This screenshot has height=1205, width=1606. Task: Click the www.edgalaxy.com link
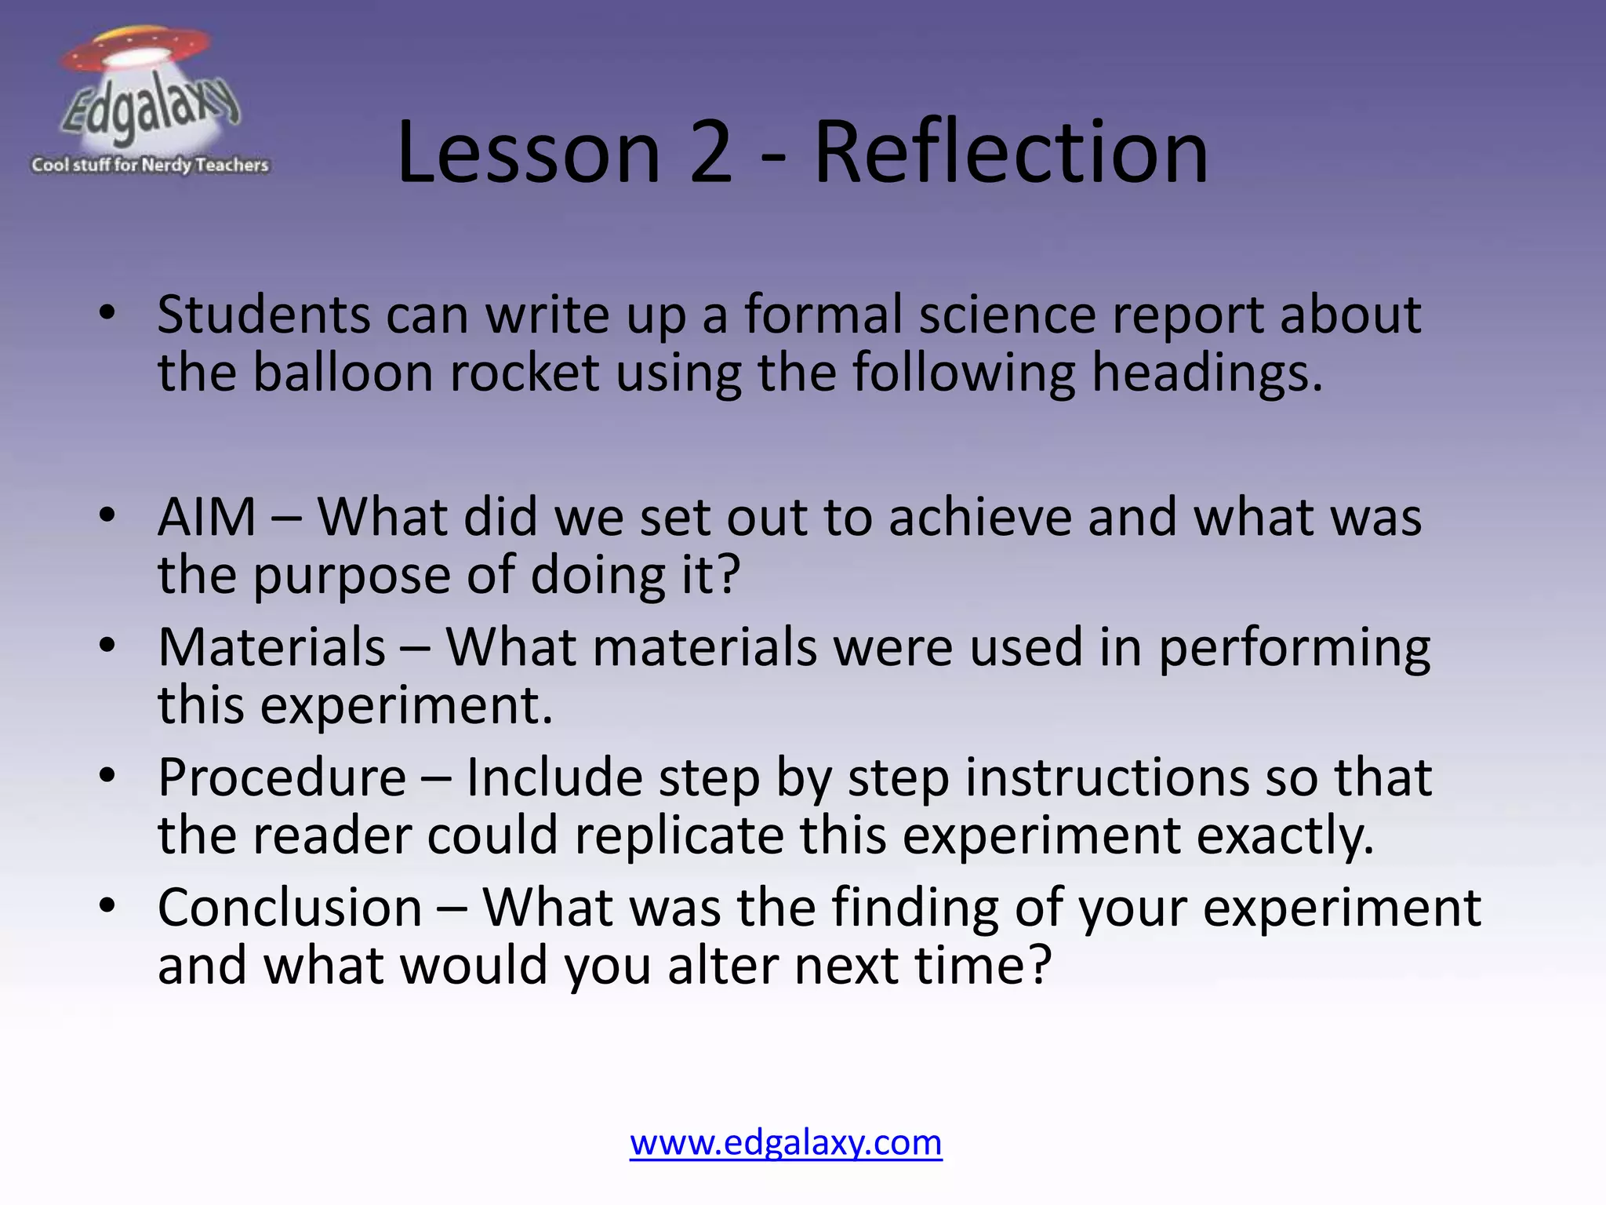(x=786, y=1142)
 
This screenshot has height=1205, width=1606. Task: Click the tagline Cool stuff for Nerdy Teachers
(x=150, y=165)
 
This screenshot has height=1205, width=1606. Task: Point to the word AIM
(x=207, y=518)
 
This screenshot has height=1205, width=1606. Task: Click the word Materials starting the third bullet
(x=271, y=648)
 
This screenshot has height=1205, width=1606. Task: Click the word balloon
(x=343, y=373)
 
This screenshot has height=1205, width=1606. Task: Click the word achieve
(x=979, y=518)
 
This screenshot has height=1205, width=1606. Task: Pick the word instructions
(x=1106, y=778)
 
